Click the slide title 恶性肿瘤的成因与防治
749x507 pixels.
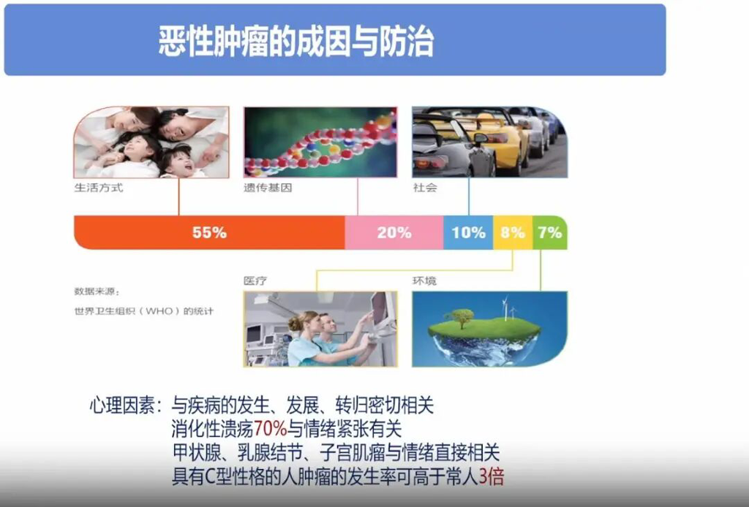(x=296, y=42)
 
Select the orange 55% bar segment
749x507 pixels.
(x=209, y=233)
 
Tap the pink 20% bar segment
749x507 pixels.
(x=394, y=233)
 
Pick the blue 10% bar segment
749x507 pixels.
(x=468, y=233)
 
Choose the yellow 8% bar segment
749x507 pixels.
(x=512, y=233)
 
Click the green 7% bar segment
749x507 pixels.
(x=549, y=233)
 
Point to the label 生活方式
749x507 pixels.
(x=98, y=188)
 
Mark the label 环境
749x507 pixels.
(x=424, y=281)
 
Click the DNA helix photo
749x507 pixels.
(x=320, y=142)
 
